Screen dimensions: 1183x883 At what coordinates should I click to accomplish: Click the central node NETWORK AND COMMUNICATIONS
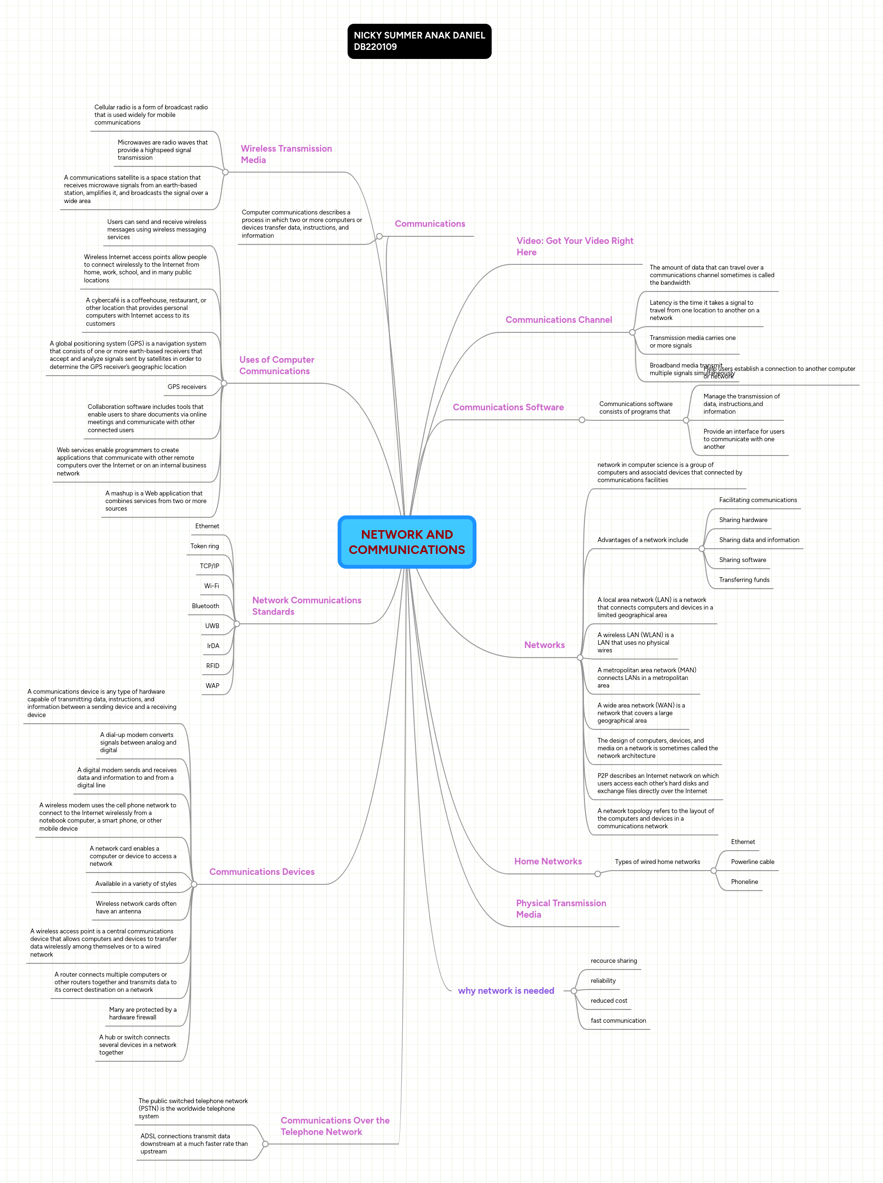point(407,542)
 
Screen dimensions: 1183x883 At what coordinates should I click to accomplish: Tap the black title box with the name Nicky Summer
point(419,41)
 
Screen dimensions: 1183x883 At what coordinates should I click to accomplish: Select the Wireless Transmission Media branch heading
point(286,155)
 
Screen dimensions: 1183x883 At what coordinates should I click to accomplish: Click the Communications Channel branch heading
point(559,320)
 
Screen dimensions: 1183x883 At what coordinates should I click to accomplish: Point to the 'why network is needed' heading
point(505,990)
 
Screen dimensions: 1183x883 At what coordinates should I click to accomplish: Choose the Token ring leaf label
point(205,546)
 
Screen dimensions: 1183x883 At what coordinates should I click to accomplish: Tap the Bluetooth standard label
point(205,606)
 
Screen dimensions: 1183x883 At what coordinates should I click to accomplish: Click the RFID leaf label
point(213,666)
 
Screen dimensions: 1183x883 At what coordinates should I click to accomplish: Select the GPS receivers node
point(187,387)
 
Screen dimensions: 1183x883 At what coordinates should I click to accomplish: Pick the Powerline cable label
point(753,862)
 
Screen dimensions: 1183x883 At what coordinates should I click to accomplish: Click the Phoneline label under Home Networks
point(745,882)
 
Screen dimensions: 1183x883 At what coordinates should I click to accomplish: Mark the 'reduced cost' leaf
point(609,1001)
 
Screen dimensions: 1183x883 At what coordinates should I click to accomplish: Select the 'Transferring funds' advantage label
point(744,580)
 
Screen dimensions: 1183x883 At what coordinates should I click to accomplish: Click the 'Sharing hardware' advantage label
point(743,520)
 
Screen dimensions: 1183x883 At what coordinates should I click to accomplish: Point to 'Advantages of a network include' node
point(642,540)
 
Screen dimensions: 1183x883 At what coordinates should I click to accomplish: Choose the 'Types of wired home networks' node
point(658,862)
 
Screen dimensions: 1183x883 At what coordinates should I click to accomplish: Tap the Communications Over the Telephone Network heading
point(335,1126)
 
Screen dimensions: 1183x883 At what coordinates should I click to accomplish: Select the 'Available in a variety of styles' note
point(136,884)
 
